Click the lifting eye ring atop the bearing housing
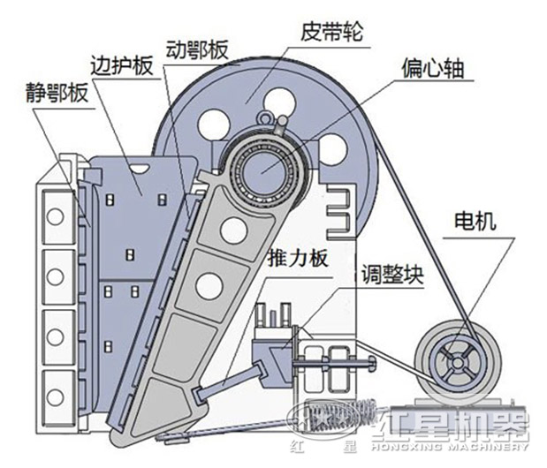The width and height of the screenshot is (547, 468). point(267,116)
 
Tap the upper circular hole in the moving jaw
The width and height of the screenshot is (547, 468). point(232,230)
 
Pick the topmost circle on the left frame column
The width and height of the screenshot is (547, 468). point(56,215)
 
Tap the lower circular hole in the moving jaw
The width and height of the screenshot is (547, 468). point(209,285)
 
